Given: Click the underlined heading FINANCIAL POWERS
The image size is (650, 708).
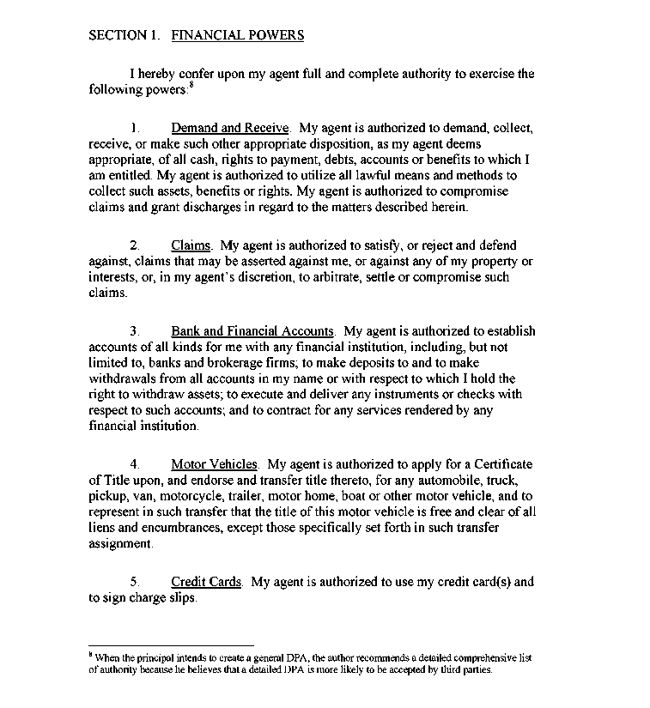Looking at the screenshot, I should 238,35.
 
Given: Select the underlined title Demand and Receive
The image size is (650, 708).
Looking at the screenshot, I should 230,129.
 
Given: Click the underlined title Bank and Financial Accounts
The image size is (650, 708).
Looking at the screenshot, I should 252,331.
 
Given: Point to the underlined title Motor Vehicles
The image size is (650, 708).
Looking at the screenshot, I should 214,465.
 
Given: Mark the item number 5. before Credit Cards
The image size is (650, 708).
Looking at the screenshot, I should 135,582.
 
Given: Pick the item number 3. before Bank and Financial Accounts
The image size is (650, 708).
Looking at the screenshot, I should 135,331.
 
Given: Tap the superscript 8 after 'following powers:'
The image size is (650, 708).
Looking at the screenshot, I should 191,85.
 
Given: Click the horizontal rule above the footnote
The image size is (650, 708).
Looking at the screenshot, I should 172,644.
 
